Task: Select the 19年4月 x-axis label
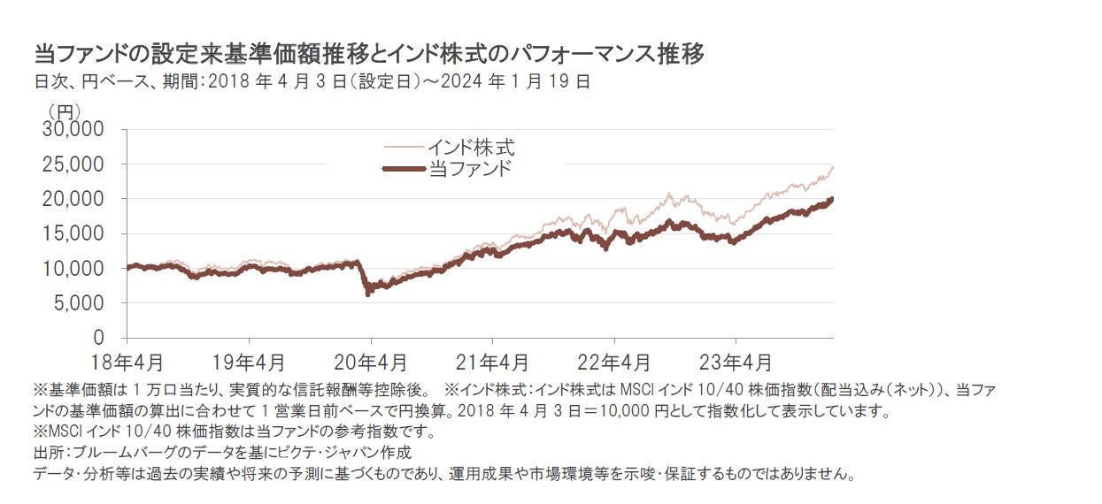[249, 363]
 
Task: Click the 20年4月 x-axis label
[371, 363]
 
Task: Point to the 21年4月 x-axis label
[493, 363]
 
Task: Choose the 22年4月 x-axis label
[614, 363]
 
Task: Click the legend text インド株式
[469, 147]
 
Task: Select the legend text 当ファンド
[469, 168]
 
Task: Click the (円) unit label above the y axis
[64, 111]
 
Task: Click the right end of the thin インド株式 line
[833, 167]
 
